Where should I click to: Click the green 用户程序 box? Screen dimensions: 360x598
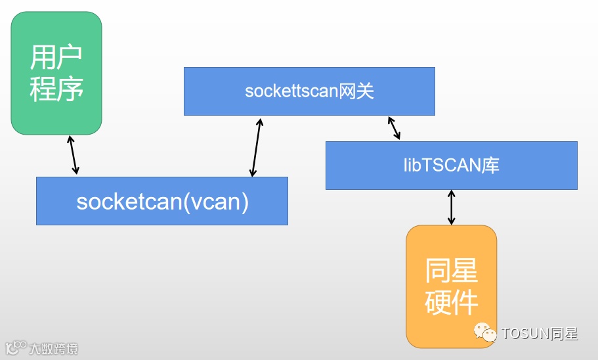click(56, 72)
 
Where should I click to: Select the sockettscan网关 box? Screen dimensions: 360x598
click(309, 91)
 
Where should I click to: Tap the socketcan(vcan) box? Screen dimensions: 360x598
click(162, 200)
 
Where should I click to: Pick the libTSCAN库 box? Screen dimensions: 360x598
click(452, 165)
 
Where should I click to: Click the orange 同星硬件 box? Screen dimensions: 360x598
click(451, 286)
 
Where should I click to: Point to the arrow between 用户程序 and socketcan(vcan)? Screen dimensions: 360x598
click(74, 155)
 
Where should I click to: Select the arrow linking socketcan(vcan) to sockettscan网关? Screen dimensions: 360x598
click(256, 148)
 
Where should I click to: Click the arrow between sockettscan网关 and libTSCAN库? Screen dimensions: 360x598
click(394, 128)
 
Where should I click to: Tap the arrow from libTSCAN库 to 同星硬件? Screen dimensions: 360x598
click(451, 207)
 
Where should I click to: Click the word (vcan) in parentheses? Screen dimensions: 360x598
click(215, 200)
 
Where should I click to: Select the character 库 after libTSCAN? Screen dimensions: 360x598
click(490, 165)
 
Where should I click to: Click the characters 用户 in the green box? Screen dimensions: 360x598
click(56, 56)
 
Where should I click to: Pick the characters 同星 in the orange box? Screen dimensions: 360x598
click(451, 270)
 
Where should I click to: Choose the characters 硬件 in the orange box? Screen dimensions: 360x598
click(451, 302)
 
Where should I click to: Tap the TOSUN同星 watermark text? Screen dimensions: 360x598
click(540, 334)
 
